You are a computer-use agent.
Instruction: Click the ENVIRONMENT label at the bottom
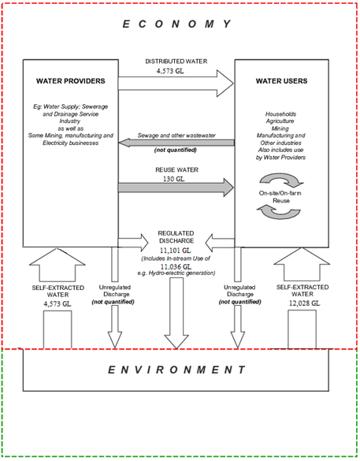[177, 369]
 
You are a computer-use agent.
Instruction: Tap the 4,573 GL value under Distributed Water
[176, 71]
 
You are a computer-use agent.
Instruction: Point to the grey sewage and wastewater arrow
[176, 142]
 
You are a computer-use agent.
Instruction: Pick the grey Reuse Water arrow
[176, 188]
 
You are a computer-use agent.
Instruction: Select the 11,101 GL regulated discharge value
[176, 250]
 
